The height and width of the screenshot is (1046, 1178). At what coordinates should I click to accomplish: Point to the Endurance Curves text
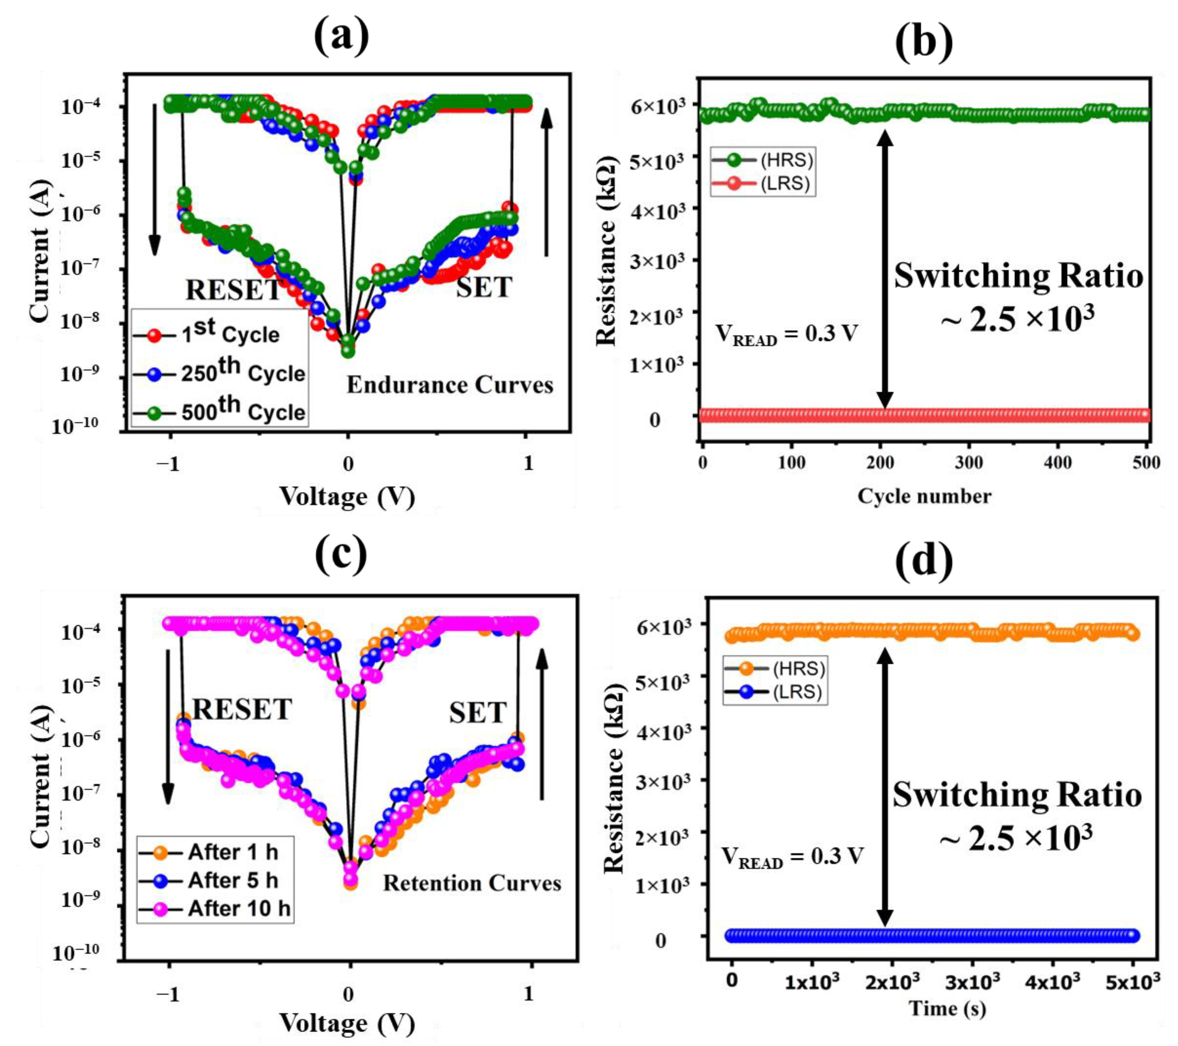tap(450, 385)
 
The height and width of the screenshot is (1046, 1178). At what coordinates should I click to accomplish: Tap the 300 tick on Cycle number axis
tap(969, 462)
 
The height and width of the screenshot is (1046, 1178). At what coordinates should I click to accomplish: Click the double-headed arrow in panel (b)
tap(885, 270)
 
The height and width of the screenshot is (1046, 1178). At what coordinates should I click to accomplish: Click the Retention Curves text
tap(472, 883)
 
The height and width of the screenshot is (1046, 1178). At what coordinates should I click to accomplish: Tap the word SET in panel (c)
tap(477, 713)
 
